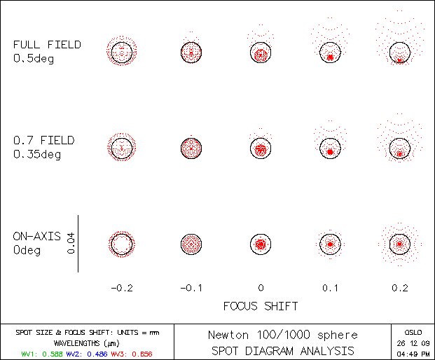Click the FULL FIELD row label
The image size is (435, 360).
pos(47,51)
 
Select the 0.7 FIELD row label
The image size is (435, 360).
pos(43,147)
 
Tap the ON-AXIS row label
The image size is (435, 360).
pos(36,243)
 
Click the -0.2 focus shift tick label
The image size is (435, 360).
pos(121,288)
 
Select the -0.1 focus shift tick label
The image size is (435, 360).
pos(191,288)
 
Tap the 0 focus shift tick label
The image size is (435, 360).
pos(260,288)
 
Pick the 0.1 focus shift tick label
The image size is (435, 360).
pos(329,288)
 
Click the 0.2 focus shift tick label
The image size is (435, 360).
pos(399,288)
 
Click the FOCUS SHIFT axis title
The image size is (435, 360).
pos(260,306)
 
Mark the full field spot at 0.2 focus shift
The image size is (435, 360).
pos(399,52)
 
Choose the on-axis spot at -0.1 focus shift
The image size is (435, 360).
pos(191,244)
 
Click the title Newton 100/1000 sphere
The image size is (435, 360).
pos(282,335)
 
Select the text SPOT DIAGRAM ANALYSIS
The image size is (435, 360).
pos(282,351)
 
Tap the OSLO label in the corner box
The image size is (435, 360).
pos(413,332)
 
